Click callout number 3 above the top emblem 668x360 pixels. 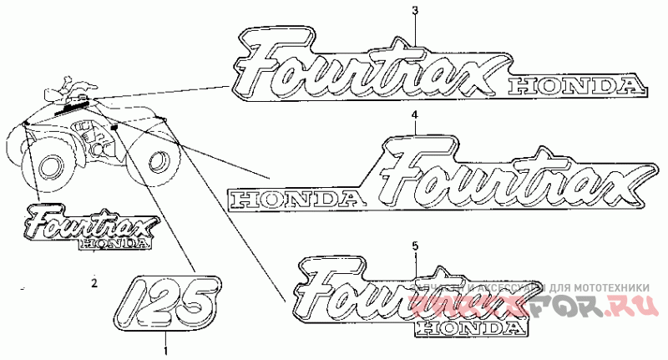tap(416, 9)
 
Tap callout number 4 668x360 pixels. tap(413, 114)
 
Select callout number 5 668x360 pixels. tap(415, 246)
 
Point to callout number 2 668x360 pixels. tap(94, 281)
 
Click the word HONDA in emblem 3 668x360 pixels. tap(577, 84)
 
